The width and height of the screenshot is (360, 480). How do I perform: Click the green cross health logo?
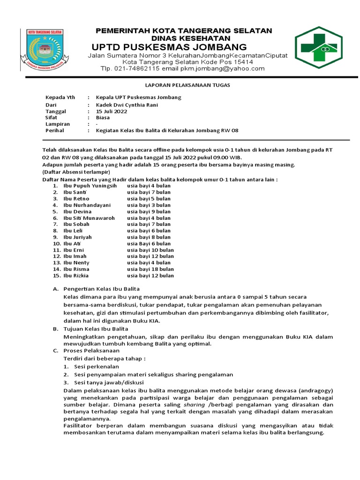click(322, 47)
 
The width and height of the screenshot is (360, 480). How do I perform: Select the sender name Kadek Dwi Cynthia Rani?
click(127, 105)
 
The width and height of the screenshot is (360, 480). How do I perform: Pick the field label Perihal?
click(54, 131)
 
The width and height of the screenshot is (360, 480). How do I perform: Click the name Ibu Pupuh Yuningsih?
click(90, 186)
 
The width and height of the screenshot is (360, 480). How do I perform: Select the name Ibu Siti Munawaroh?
click(89, 218)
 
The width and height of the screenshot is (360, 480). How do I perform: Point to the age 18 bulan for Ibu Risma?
click(159, 269)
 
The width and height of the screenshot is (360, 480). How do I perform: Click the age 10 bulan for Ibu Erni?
click(159, 250)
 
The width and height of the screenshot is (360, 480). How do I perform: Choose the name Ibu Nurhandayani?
click(87, 205)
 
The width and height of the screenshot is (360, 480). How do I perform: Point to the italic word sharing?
click(194, 404)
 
